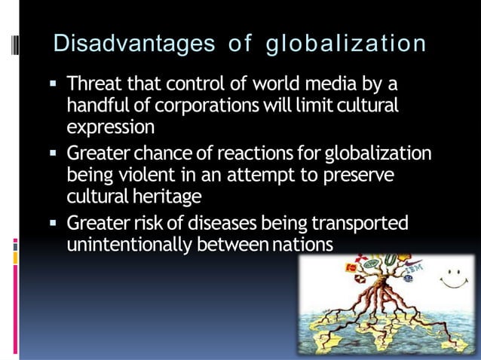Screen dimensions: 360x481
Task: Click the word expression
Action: (110, 126)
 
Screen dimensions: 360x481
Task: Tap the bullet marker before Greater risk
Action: (56, 224)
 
